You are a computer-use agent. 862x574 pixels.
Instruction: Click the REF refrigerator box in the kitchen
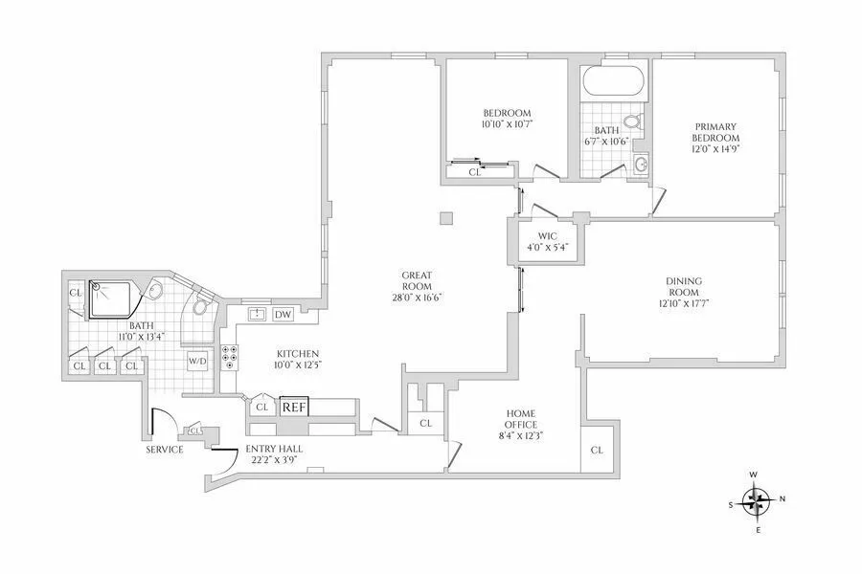(x=292, y=407)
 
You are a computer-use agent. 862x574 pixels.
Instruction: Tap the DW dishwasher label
(x=283, y=315)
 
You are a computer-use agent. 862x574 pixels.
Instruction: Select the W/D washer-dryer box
(x=197, y=361)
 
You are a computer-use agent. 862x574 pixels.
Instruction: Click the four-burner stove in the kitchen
(x=230, y=357)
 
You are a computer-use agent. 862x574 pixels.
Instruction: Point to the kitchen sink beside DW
(x=257, y=315)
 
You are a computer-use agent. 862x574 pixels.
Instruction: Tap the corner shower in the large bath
(x=114, y=299)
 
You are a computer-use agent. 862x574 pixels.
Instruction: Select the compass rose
(x=758, y=498)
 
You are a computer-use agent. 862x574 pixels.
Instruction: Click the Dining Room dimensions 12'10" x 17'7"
(x=684, y=303)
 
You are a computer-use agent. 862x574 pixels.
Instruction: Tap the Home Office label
(x=521, y=419)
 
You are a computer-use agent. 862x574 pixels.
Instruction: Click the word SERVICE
(x=164, y=449)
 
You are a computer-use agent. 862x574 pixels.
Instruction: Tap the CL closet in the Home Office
(x=597, y=450)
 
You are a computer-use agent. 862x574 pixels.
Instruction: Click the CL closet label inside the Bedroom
(x=475, y=173)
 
